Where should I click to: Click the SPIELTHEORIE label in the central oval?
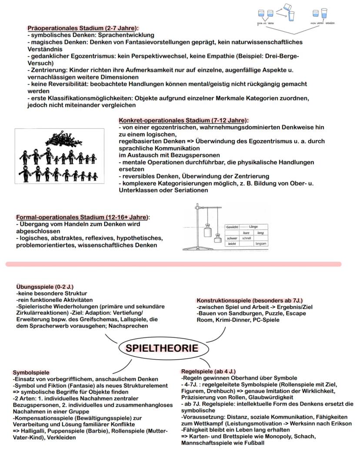coord(162,348)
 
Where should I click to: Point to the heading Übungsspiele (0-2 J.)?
coord(45,287)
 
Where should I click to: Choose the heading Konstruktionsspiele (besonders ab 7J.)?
coord(250,301)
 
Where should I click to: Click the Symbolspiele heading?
coord(31,373)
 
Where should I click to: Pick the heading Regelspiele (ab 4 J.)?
coord(208,371)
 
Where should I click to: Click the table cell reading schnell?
coord(247,238)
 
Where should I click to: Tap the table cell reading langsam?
coord(261,244)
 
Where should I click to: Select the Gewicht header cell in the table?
coord(231,227)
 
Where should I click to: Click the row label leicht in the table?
coord(232,244)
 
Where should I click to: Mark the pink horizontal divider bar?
coord(173,264)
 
